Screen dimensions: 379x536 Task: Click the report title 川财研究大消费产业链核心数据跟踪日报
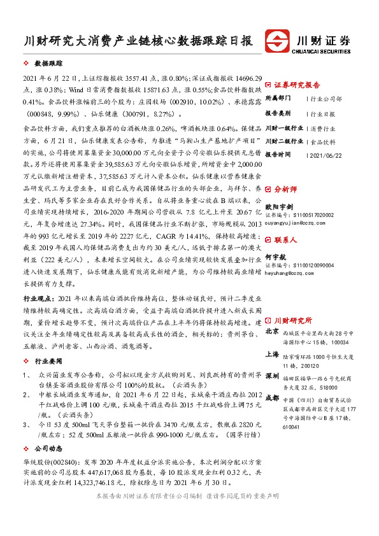tap(136, 41)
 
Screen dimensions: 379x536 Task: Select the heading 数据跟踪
tap(48, 64)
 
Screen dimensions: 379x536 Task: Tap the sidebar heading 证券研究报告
tap(297, 84)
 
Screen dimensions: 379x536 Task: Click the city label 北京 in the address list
tap(271, 331)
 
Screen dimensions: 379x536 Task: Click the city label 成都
tap(271, 397)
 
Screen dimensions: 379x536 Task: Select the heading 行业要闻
tap(48, 360)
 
